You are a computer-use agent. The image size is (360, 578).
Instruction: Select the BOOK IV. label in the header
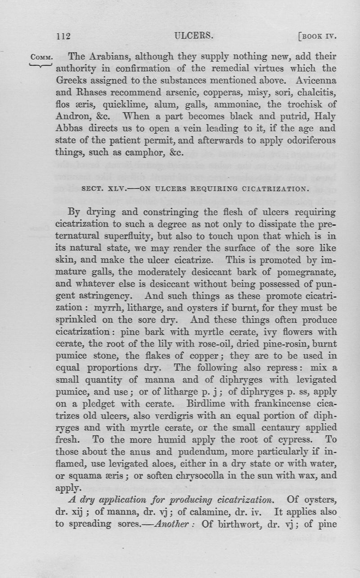click(x=317, y=36)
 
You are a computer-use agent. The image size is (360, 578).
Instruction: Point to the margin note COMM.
click(x=41, y=58)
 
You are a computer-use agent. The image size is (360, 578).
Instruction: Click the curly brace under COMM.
click(x=41, y=66)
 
